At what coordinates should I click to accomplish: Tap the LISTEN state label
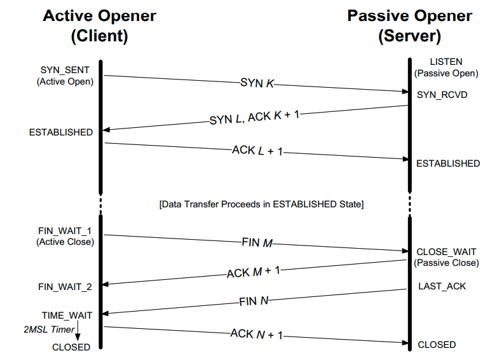point(446,62)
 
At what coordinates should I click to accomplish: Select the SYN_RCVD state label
point(441,94)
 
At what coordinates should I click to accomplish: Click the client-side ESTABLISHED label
point(60,132)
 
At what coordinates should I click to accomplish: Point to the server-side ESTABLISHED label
point(447,163)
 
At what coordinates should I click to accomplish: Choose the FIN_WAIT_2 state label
point(65,287)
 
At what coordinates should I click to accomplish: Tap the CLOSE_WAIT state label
point(446,252)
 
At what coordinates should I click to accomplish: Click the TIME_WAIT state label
point(67,315)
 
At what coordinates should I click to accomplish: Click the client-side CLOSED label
point(71,347)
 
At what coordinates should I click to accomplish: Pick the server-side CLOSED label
point(436,344)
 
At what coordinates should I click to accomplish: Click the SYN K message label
point(257,83)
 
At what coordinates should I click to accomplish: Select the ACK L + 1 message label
point(257,151)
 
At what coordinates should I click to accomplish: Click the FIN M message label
point(257,243)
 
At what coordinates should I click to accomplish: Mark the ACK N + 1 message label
point(256,334)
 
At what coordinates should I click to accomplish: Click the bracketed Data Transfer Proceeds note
point(261,204)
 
